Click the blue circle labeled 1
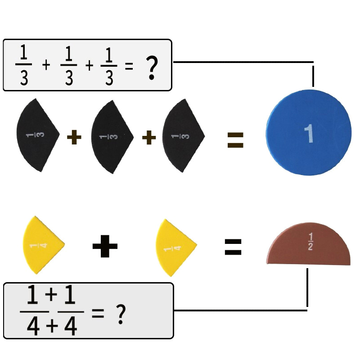(x=308, y=133)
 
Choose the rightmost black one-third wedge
(x=183, y=136)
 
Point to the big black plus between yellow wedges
(x=105, y=246)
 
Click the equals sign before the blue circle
(x=235, y=140)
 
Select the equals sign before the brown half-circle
(x=233, y=247)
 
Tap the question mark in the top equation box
(x=152, y=68)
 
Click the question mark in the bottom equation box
(x=121, y=314)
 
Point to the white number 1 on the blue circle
(x=309, y=133)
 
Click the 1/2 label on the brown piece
(x=310, y=241)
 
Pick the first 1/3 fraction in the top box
(x=24, y=65)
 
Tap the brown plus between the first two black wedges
(x=74, y=137)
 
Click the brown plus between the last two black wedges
(x=149, y=138)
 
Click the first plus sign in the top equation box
(x=46, y=65)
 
